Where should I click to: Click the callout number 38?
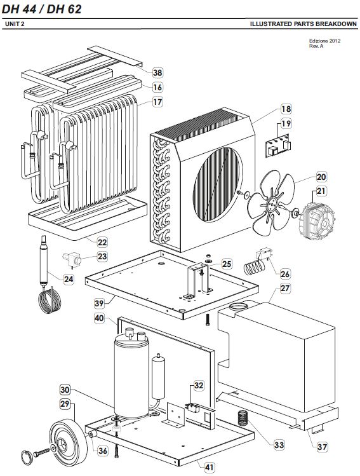[157, 73]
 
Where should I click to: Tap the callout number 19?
[286, 123]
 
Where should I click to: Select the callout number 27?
[285, 288]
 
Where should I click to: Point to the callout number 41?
[210, 467]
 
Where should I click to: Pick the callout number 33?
[279, 445]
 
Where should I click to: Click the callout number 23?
[102, 257]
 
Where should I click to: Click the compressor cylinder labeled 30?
[131, 375]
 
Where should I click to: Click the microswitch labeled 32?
[192, 408]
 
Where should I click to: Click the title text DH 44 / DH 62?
[41, 10]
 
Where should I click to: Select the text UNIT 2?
[15, 24]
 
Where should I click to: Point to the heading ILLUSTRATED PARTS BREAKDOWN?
[303, 24]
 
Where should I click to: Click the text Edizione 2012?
[324, 41]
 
